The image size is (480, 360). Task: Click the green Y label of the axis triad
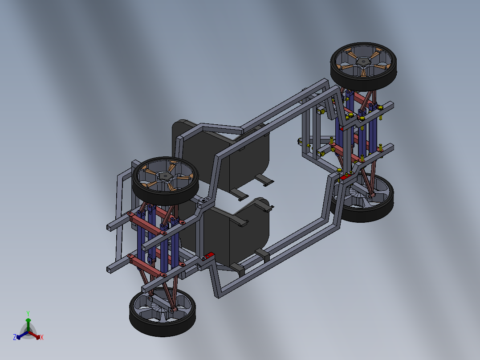click(x=28, y=313)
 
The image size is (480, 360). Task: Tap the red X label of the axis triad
click(x=42, y=338)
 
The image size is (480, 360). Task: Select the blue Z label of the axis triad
click(x=14, y=338)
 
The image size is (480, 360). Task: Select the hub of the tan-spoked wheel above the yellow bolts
click(x=363, y=61)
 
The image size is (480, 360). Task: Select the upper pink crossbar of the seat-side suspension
click(x=146, y=223)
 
